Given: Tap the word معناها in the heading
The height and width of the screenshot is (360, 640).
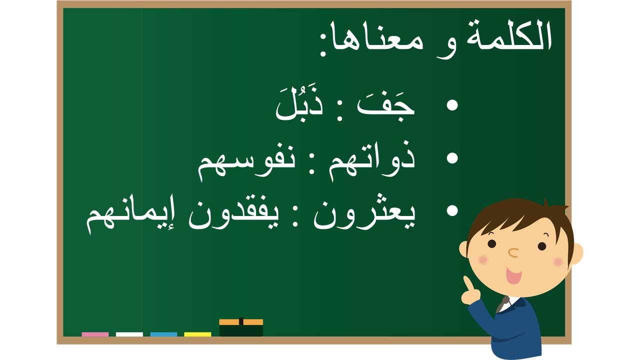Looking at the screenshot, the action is coord(374,42).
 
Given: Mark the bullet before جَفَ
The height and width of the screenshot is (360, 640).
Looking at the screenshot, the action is coord(452,105).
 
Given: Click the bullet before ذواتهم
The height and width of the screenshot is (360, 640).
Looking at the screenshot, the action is coord(452,158).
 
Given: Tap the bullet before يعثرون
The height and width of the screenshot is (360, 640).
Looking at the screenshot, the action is coord(452,211).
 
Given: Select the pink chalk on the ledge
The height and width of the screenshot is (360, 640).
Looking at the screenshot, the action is coord(95,334).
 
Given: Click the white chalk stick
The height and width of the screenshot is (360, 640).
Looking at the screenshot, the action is coord(129,334).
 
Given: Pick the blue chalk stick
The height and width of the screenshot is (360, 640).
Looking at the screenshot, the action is coord(163,334).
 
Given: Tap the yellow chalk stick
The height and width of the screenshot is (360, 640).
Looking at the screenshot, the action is coord(197,334).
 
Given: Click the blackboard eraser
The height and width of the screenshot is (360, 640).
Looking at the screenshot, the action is coord(241,327).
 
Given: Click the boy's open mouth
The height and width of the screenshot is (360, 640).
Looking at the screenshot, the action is coord(513,275).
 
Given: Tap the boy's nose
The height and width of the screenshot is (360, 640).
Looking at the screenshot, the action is coord(513,253).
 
